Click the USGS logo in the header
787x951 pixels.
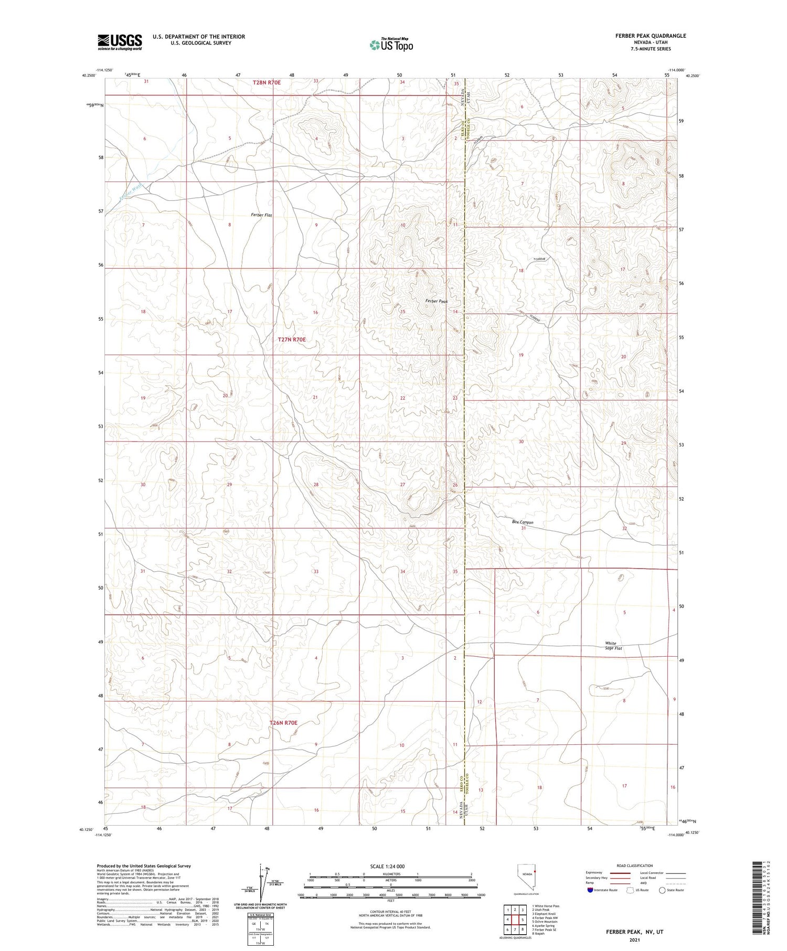(x=120, y=42)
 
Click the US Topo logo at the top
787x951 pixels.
(x=391, y=45)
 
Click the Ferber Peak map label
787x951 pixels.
(x=437, y=301)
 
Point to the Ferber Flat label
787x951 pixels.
(x=261, y=215)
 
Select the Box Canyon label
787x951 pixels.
(x=523, y=522)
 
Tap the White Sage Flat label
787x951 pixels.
(x=613, y=646)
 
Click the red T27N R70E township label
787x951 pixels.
(x=292, y=339)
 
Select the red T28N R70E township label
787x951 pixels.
(x=267, y=82)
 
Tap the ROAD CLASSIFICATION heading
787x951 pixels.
(x=635, y=865)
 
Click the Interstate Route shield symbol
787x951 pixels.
(x=590, y=890)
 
